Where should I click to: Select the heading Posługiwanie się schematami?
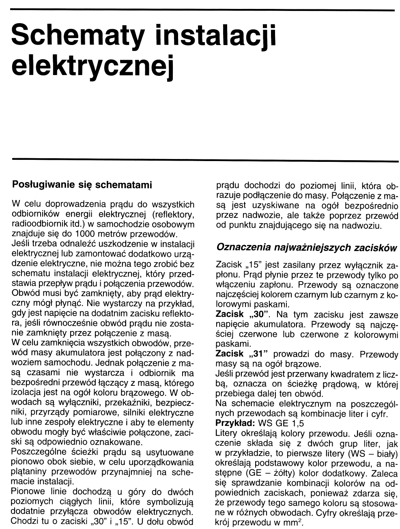pos(82,185)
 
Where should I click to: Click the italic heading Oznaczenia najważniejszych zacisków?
pos(307,247)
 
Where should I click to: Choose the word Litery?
pos(228,433)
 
